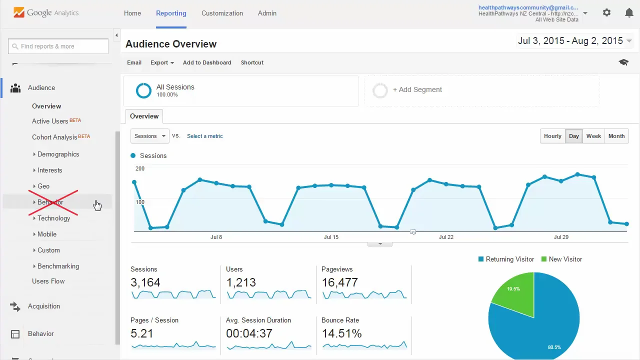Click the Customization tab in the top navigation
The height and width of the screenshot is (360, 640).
pyautogui.click(x=222, y=13)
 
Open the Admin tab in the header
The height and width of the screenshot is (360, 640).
pyautogui.click(x=267, y=13)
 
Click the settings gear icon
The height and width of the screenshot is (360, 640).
pyautogui.click(x=606, y=13)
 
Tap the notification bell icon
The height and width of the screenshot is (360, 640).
pyautogui.click(x=629, y=13)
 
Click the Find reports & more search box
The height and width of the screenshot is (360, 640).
pyautogui.click(x=58, y=46)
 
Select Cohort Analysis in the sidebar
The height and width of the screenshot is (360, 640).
pyautogui.click(x=54, y=137)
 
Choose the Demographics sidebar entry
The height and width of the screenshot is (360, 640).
pyautogui.click(x=58, y=154)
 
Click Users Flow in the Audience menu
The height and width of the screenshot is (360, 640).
pyautogui.click(x=48, y=281)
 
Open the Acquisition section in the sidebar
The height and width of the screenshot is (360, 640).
pyautogui.click(x=44, y=306)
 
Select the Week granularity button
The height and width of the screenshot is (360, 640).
pyautogui.click(x=593, y=136)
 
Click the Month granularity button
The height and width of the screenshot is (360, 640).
pyautogui.click(x=616, y=136)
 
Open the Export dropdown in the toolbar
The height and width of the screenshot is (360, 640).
pyautogui.click(x=161, y=62)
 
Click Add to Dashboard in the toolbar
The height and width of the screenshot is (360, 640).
pyautogui.click(x=207, y=62)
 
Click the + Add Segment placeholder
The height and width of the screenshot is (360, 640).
pyautogui.click(x=417, y=90)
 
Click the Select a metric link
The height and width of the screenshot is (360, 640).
pyautogui.click(x=204, y=136)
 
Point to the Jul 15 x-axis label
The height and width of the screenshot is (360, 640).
pyautogui.click(x=331, y=237)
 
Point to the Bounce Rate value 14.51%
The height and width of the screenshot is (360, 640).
pyautogui.click(x=341, y=333)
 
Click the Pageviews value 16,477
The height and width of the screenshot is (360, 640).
pyautogui.click(x=339, y=282)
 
